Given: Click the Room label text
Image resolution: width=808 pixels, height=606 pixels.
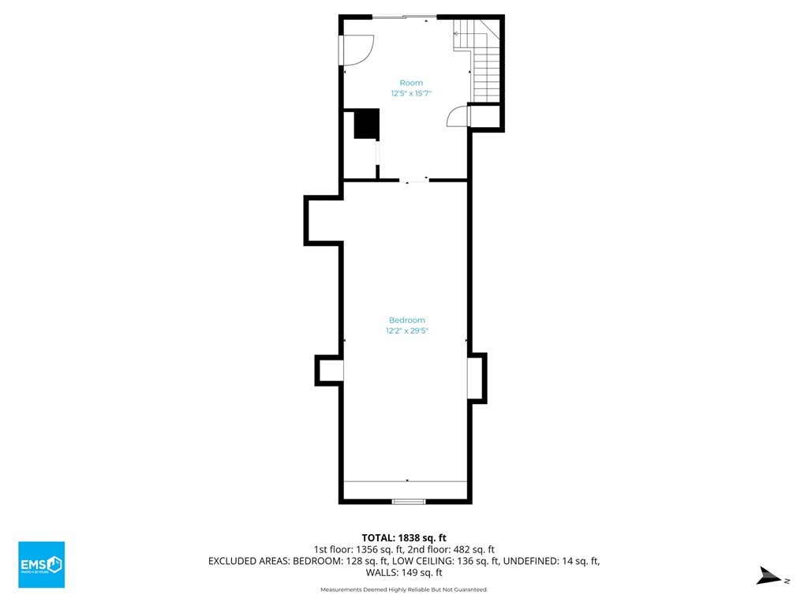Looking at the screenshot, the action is pyautogui.click(x=411, y=83).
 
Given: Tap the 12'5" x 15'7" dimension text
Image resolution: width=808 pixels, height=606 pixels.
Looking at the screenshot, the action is pyautogui.click(x=410, y=93).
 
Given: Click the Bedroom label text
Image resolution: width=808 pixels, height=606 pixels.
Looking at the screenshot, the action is pyautogui.click(x=407, y=320).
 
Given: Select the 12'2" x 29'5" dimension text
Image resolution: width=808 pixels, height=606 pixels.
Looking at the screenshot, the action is pyautogui.click(x=407, y=331).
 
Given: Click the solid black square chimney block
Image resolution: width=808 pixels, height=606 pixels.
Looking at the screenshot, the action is pyautogui.click(x=367, y=124).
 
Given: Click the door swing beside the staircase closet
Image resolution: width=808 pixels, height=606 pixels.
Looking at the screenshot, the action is pyautogui.click(x=457, y=117).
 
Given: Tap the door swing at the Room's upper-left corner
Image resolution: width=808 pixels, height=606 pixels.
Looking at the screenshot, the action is pyautogui.click(x=357, y=50).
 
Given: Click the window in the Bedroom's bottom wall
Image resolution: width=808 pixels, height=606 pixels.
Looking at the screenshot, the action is pyautogui.click(x=409, y=501).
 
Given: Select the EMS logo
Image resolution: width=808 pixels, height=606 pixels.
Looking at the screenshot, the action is pyautogui.click(x=42, y=564).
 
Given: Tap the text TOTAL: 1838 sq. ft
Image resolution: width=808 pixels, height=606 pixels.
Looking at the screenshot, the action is pyautogui.click(x=404, y=538).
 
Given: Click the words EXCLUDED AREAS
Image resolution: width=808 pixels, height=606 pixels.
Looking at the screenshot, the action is pyautogui.click(x=249, y=561).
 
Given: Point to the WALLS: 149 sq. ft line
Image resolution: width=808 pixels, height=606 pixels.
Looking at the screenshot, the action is pyautogui.click(x=404, y=573).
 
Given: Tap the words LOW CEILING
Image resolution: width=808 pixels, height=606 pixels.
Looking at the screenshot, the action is pyautogui.click(x=425, y=561).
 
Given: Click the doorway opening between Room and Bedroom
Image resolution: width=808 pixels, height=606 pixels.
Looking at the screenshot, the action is pyautogui.click(x=414, y=180).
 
